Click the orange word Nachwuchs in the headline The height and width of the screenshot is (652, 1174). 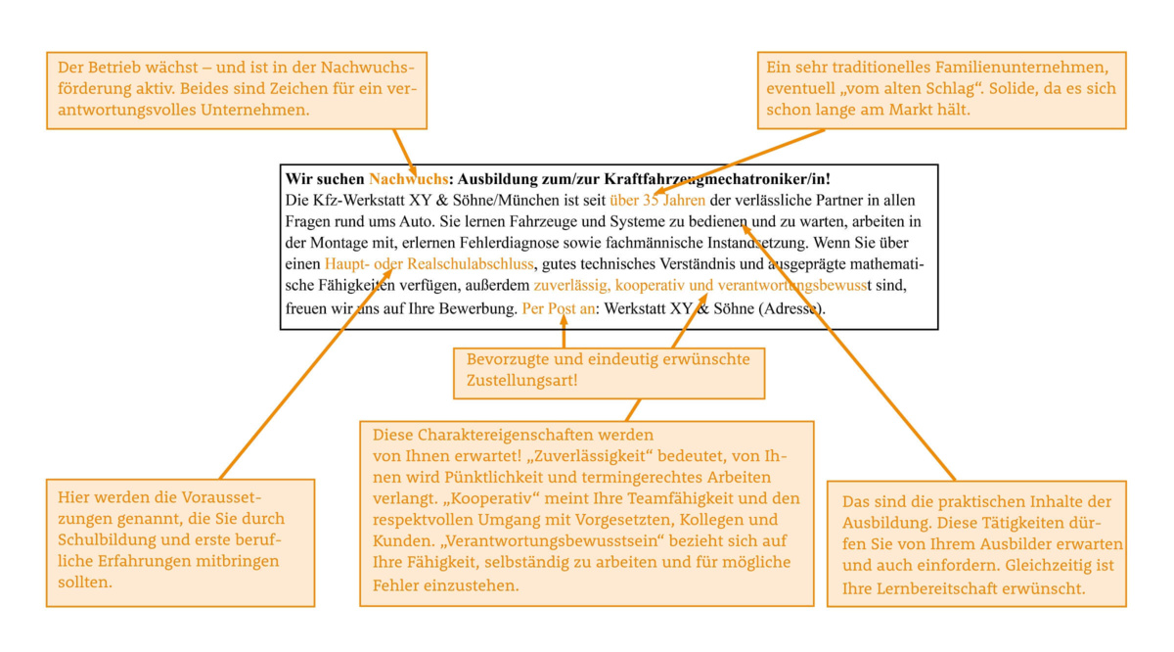pyautogui.click(x=408, y=179)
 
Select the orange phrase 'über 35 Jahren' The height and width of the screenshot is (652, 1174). pyautogui.click(x=656, y=201)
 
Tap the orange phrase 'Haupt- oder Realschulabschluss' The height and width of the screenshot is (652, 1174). pyautogui.click(x=429, y=264)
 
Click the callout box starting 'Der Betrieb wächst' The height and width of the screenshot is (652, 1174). pyautogui.click(x=237, y=89)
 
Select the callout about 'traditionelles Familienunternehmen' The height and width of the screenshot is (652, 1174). pyautogui.click(x=941, y=89)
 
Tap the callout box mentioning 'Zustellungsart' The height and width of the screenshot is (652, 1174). pyautogui.click(x=608, y=370)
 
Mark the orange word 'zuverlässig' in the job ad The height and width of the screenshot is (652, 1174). pyautogui.click(x=570, y=286)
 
